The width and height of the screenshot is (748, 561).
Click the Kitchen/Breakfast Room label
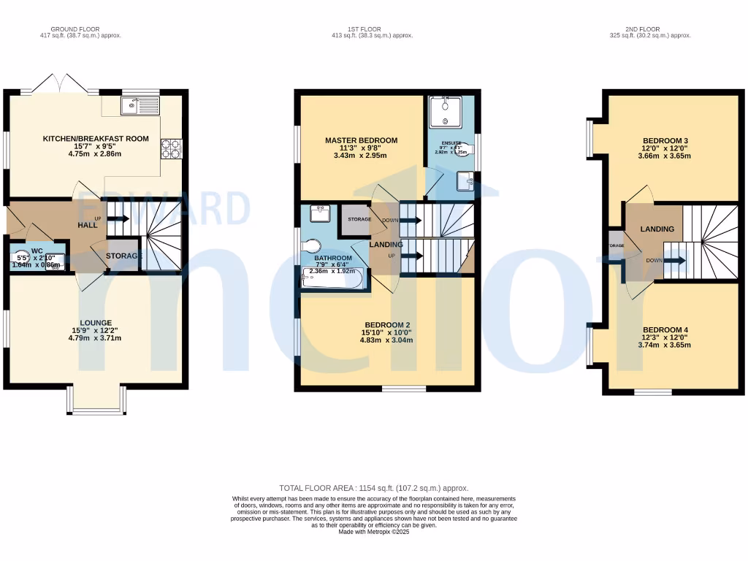point(96,139)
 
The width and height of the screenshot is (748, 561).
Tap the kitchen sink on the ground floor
point(140,107)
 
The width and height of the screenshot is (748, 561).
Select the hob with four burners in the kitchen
point(170,148)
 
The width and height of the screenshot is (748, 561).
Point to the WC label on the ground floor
point(37,251)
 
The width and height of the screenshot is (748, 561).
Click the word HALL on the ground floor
point(88,226)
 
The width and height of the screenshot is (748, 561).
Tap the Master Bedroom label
point(361,140)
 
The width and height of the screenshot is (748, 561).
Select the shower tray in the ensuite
point(445,112)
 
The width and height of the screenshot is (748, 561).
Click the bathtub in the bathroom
point(332,279)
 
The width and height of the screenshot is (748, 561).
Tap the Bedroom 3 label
point(665,140)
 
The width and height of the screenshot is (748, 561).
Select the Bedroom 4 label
point(665,329)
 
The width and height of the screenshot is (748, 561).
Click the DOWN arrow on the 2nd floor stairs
point(673,260)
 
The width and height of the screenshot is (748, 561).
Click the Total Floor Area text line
point(373,488)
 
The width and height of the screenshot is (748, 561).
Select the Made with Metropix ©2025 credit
point(373,532)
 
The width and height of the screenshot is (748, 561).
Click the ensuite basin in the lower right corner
point(465,180)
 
